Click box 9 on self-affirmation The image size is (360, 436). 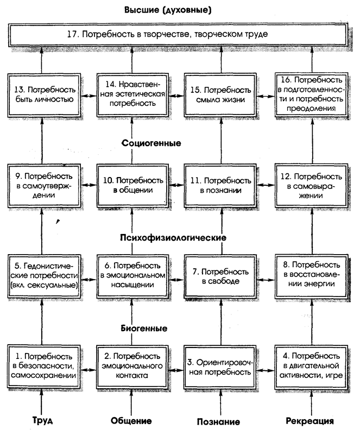coord(45,184)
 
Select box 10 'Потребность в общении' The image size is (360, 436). coord(132,184)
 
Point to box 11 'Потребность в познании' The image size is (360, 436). coord(220,184)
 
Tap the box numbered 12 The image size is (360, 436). coord(310,184)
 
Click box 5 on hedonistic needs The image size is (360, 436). coord(45,276)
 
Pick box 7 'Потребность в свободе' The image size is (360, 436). coord(220,276)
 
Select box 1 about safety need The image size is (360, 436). coord(45,365)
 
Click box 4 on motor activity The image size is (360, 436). coord(310,365)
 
